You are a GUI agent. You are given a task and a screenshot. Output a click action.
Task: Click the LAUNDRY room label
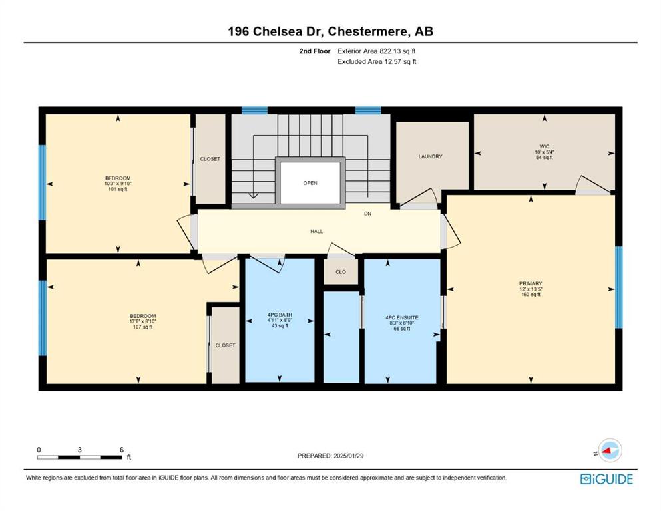[431, 156]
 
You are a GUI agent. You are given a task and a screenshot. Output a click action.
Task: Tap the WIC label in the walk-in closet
[545, 146]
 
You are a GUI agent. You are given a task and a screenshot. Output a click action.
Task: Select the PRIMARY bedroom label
[531, 283]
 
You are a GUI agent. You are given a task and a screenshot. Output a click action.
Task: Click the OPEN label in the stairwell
[310, 183]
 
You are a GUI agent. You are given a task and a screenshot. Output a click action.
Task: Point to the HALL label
[317, 231]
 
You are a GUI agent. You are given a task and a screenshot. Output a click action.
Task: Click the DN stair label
[368, 214]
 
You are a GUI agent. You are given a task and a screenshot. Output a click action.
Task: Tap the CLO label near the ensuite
[341, 272]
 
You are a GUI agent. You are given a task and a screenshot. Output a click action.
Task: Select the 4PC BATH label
[280, 315]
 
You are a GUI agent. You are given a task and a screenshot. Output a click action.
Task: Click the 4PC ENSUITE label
[402, 317]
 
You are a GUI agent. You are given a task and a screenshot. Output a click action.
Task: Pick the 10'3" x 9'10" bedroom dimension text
[118, 184]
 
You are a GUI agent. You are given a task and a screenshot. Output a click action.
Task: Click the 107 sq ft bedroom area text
[143, 327]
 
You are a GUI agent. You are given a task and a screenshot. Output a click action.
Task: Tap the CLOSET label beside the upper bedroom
[210, 159]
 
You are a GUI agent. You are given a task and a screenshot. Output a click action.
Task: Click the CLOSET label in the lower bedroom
[225, 345]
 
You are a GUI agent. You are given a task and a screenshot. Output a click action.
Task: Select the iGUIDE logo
[606, 479]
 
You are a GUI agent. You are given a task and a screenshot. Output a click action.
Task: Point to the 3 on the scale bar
[79, 450]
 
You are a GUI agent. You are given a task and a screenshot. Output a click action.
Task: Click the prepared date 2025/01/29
[348, 456]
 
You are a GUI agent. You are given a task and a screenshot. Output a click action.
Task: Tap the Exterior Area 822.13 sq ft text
[377, 51]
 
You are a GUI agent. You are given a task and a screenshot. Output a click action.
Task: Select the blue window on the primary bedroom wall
[619, 287]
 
